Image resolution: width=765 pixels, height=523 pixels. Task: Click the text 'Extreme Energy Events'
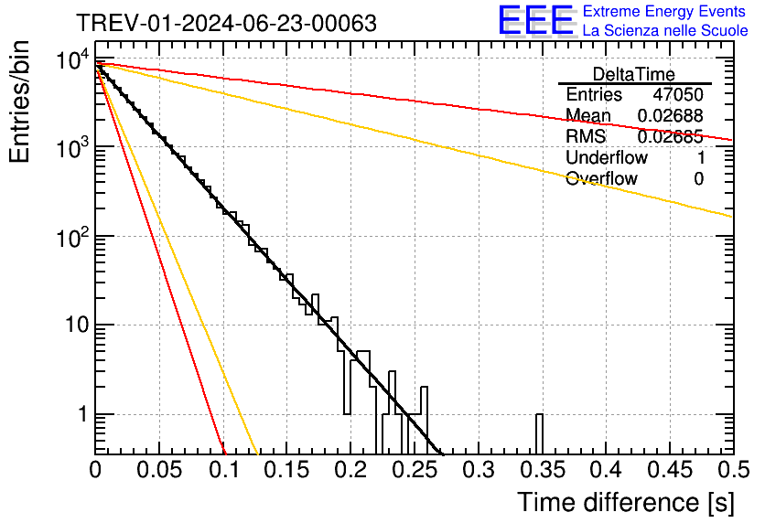click(x=664, y=12)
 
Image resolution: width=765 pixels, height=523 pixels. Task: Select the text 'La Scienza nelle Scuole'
click(x=665, y=31)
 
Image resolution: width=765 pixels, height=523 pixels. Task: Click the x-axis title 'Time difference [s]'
click(x=625, y=502)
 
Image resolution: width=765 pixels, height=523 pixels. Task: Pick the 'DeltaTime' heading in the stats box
click(x=634, y=74)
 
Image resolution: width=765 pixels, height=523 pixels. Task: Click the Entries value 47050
click(x=678, y=95)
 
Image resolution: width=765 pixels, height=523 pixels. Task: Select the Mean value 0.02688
click(x=670, y=116)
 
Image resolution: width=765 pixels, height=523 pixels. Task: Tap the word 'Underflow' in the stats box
click(x=607, y=157)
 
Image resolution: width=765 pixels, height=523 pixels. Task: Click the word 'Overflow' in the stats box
click(x=601, y=178)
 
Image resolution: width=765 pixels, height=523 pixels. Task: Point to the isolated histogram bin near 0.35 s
click(x=539, y=433)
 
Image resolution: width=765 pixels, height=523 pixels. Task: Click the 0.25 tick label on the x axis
click(x=414, y=471)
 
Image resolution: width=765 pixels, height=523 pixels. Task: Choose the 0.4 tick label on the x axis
click(x=605, y=471)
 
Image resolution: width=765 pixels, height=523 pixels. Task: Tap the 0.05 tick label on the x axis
click(x=159, y=471)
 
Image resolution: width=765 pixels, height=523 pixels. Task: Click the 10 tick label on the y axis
click(x=71, y=326)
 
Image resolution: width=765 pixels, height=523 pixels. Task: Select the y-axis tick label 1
click(x=80, y=414)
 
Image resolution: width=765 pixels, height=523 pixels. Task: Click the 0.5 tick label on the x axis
click(x=732, y=471)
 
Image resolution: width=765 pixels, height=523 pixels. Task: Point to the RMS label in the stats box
click(x=586, y=137)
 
